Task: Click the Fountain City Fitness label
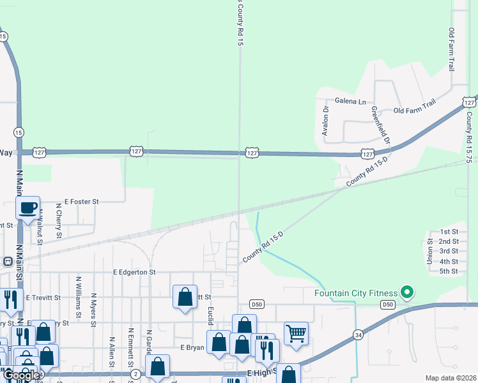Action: click(355, 294)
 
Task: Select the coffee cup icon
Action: click(28, 207)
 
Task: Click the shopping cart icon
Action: click(296, 333)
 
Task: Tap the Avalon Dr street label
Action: click(325, 121)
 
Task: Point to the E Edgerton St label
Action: click(134, 272)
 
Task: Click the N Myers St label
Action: click(93, 309)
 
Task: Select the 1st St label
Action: click(449, 232)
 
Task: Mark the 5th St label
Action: click(449, 271)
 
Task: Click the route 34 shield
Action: click(358, 334)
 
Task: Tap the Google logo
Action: click(20, 375)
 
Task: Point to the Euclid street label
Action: click(210, 315)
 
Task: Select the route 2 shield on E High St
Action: click(135, 373)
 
